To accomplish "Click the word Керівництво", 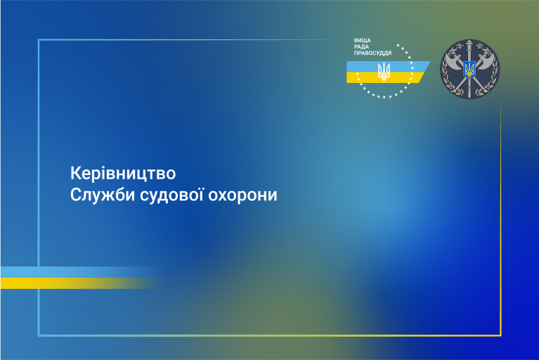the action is point(123,173).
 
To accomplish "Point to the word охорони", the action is point(242,195).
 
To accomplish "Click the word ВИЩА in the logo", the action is point(363,41).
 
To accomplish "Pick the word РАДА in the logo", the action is point(361,47).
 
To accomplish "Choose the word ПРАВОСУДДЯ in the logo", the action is point(372,53).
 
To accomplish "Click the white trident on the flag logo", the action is point(384,72).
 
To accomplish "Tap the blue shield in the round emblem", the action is point(469,69).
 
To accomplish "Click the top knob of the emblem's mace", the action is point(469,44).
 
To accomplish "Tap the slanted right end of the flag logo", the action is point(424,72).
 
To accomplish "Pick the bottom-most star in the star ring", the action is point(384,97).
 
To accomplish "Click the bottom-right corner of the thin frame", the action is point(501,335).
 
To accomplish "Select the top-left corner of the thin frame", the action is point(39,40).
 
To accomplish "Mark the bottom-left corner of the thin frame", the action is point(39,335).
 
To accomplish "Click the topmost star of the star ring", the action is point(398,45).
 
